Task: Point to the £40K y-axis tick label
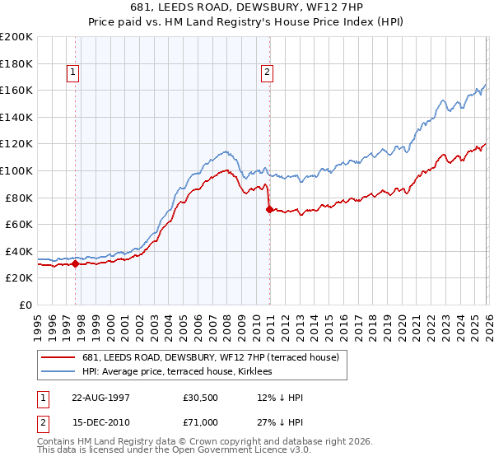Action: click(19, 251)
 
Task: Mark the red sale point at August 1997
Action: click(75, 263)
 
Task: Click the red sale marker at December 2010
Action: click(269, 209)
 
